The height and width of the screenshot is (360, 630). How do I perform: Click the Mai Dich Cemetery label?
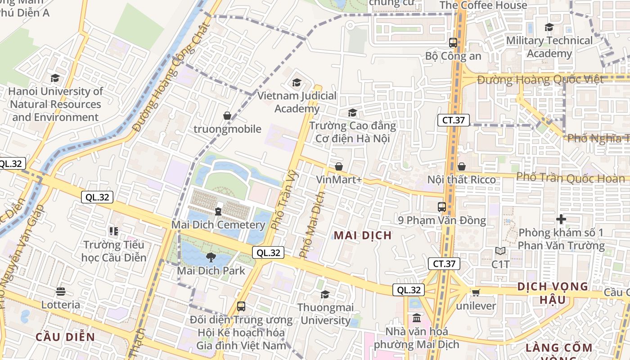coord(218,225)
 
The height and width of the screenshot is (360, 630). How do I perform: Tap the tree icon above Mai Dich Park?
coord(210,257)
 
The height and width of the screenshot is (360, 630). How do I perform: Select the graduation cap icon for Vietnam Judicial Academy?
coord(297,82)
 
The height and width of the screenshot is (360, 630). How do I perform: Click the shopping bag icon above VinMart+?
coord(339,166)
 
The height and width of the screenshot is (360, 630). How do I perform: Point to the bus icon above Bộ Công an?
coord(453,43)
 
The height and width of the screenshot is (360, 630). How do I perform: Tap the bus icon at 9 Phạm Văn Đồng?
coord(442,207)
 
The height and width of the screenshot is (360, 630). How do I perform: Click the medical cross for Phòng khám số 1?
coord(561,220)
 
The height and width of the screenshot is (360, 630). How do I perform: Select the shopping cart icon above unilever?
coord(476,292)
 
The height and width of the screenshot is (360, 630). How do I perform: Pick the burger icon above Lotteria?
coord(61,292)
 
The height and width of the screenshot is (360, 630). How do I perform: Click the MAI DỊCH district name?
coord(363,235)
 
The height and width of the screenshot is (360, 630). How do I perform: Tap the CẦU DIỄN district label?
coord(65,337)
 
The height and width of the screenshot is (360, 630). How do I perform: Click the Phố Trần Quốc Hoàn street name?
coord(564,178)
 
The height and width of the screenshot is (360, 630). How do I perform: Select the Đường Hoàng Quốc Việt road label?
coord(540,80)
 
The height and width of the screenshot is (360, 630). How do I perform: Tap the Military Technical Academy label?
coord(549,47)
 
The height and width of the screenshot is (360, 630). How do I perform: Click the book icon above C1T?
coord(500,251)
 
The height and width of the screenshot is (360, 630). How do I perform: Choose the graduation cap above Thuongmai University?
coord(325,295)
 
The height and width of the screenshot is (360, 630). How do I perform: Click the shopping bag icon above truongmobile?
coord(227,116)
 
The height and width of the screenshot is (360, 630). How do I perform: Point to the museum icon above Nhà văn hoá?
coord(417,318)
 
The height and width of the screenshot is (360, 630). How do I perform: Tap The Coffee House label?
coord(483,5)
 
